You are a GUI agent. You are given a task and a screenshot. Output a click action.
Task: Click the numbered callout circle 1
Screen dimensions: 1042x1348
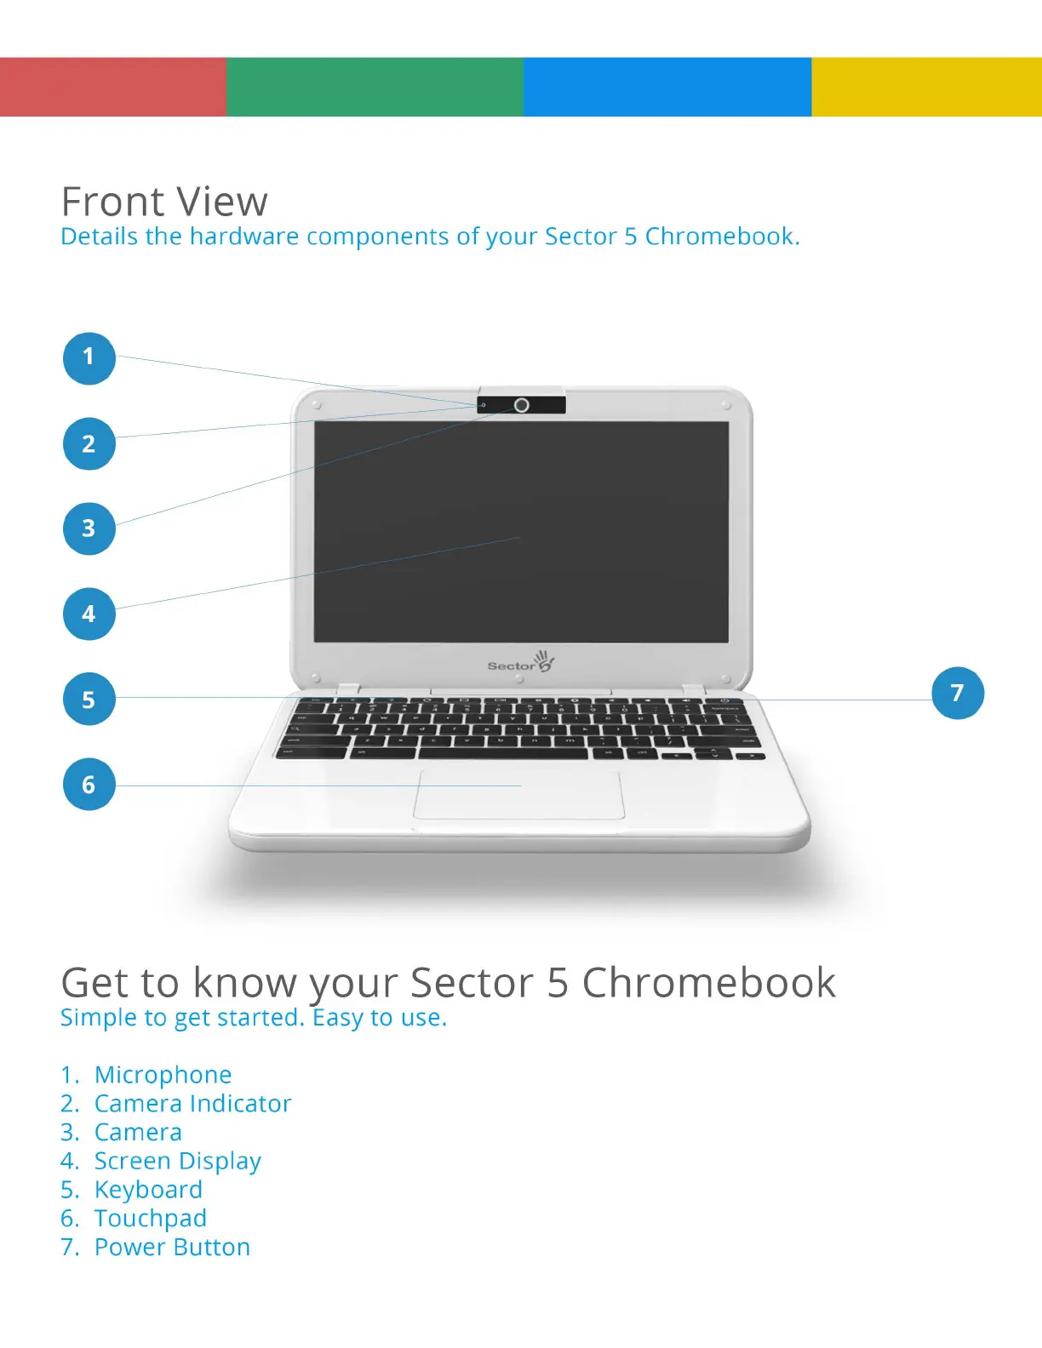pyautogui.click(x=89, y=357)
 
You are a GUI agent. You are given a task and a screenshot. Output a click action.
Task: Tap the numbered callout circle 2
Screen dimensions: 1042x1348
pyautogui.click(x=89, y=443)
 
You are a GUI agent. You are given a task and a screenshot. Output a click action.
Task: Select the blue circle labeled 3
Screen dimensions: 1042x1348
pyautogui.click(x=89, y=528)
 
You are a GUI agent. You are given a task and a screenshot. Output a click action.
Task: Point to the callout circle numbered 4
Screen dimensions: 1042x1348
pyautogui.click(x=89, y=614)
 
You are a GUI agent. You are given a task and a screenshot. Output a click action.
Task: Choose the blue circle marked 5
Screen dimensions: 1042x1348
pyautogui.click(x=89, y=700)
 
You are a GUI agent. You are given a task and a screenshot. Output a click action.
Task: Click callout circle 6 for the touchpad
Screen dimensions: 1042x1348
pyautogui.click(x=89, y=785)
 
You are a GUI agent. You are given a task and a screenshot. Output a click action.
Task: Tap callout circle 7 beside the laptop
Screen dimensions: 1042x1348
pyautogui.click(x=957, y=693)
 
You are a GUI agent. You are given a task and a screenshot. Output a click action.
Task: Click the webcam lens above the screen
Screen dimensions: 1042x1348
pyautogui.click(x=522, y=405)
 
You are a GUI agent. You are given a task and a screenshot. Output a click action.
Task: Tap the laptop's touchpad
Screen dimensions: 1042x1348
pyautogui.click(x=519, y=795)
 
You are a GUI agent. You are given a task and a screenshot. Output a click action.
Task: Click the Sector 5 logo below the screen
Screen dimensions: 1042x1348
pyautogui.click(x=521, y=662)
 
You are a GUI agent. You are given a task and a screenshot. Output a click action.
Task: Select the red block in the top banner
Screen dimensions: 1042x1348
pyautogui.click(x=112, y=87)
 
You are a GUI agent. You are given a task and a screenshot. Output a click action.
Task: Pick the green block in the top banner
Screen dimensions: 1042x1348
pyautogui.click(x=375, y=87)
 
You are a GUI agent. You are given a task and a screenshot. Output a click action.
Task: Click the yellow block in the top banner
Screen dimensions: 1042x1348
pyautogui.click(x=926, y=87)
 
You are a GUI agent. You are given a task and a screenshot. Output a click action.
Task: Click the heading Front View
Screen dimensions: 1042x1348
pyautogui.click(x=164, y=203)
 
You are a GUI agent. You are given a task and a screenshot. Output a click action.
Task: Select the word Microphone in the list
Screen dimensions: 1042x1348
pyautogui.click(x=163, y=1075)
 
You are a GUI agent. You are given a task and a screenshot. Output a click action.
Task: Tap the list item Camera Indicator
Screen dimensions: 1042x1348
pyautogui.click(x=192, y=1104)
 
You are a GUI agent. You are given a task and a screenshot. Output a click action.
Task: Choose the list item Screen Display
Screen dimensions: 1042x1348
pyautogui.click(x=177, y=1162)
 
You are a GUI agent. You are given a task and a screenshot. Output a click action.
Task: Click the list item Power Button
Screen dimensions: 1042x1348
pyautogui.click(x=172, y=1248)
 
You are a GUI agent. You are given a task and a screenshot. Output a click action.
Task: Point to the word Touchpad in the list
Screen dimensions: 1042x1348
pyautogui.click(x=150, y=1219)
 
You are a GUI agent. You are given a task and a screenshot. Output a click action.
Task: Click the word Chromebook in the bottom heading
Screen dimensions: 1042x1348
pyautogui.click(x=708, y=984)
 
